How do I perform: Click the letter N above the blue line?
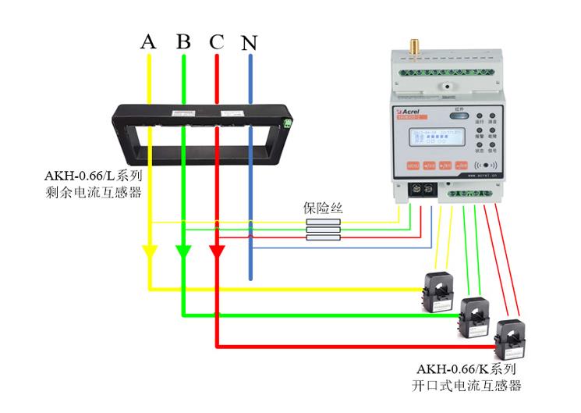[x=249, y=43]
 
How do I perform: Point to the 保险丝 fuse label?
[x=323, y=208]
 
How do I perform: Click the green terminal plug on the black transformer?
[x=290, y=123]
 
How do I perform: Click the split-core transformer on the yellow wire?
[x=436, y=289]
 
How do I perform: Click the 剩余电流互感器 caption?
[x=94, y=192]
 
